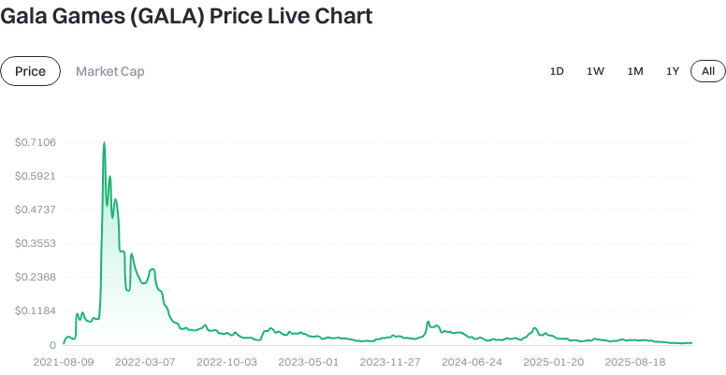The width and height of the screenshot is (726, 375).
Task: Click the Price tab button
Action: point(31,71)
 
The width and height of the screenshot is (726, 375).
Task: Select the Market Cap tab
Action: point(110,71)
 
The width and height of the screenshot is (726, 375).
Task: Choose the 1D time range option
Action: point(557,71)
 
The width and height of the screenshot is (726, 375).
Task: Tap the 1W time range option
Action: point(595,71)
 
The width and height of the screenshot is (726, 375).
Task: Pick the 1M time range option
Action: point(635,71)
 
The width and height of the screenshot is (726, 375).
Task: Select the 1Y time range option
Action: point(673,71)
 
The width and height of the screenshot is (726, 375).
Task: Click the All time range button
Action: point(708,71)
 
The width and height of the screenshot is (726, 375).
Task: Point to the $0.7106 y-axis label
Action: point(36,142)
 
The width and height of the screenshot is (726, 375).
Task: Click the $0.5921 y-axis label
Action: point(36,176)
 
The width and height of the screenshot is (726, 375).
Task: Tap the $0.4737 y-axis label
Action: point(36,209)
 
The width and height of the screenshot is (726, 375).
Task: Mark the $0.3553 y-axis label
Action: point(36,243)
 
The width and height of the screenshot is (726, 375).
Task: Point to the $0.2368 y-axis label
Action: point(36,277)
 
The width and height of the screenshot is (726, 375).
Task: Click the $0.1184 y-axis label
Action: point(36,310)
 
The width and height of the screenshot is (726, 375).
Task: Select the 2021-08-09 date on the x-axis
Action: point(64,361)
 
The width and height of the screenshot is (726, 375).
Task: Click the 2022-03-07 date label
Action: point(146,361)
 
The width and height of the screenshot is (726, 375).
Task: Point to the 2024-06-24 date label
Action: point(472,361)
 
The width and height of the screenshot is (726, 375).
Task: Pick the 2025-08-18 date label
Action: point(635,361)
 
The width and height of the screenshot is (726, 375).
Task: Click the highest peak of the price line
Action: point(104,143)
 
